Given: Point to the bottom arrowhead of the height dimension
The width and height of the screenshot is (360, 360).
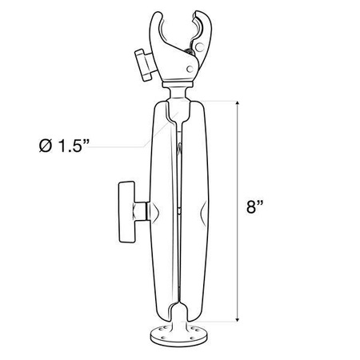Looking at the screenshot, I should coord(238,318).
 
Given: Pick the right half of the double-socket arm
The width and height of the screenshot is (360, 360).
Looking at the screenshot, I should coord(196,208).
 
